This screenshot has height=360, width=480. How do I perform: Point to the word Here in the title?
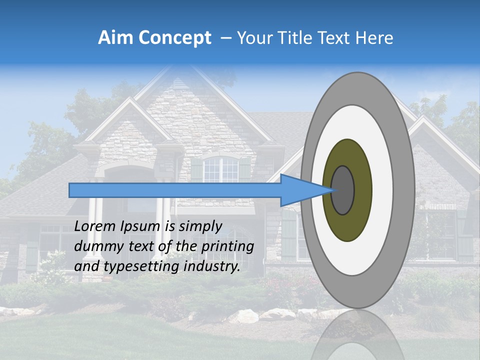point(374,38)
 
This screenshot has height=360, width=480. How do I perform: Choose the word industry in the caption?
point(211,266)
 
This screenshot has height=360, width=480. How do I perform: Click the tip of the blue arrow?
point(332,190)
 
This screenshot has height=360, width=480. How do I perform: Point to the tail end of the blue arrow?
point(70,190)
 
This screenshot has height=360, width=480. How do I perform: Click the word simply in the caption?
point(200,227)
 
